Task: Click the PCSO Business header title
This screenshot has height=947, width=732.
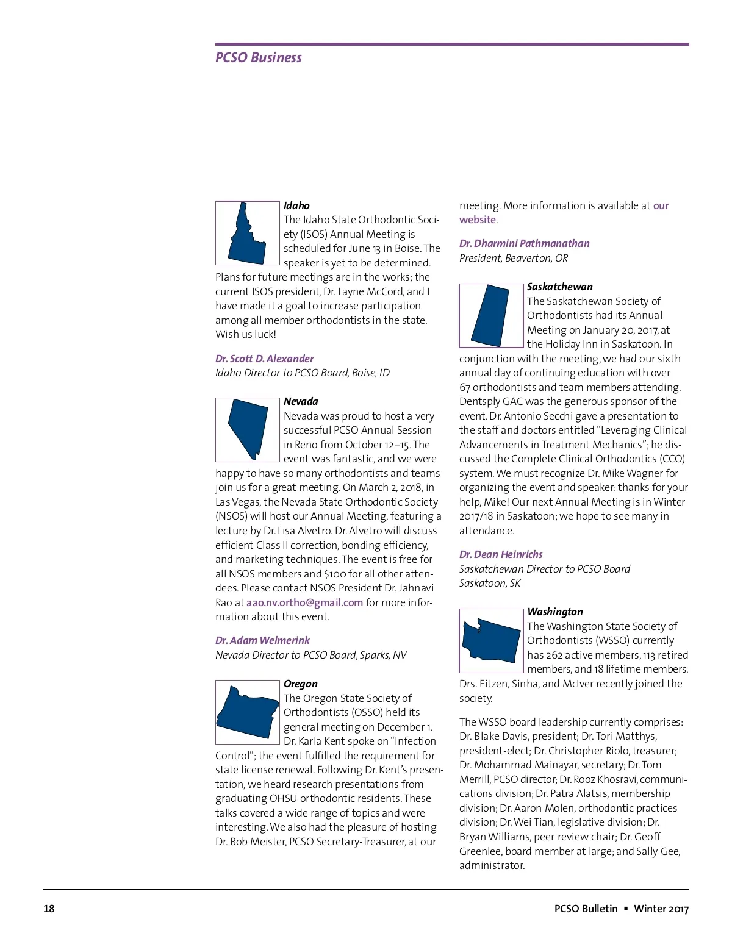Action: tap(259, 57)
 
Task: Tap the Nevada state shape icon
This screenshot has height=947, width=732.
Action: tap(248, 429)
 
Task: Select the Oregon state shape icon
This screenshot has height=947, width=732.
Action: tap(247, 712)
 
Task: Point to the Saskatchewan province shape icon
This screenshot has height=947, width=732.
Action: tap(490, 315)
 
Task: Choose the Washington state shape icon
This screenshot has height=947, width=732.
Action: tap(490, 640)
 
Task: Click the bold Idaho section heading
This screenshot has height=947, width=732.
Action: tap(296, 205)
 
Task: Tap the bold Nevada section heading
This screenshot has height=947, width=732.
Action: tap(301, 401)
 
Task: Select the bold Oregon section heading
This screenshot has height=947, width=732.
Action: tap(301, 684)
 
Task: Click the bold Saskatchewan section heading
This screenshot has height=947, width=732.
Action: tap(560, 287)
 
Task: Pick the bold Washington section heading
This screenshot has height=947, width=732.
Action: tap(555, 612)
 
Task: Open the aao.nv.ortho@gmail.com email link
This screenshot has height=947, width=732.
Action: tap(304, 602)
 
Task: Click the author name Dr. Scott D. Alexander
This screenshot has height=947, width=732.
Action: tap(265, 359)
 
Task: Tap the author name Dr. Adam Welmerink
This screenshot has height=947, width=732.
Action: tap(262, 640)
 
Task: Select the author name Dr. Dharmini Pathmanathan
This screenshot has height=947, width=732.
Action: tap(525, 243)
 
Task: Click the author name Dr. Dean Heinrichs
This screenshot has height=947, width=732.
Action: tap(501, 554)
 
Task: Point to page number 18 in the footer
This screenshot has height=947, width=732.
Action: tap(49, 909)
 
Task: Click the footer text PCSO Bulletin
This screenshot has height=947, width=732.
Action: tap(586, 909)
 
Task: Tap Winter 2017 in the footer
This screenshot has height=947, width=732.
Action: tap(661, 909)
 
